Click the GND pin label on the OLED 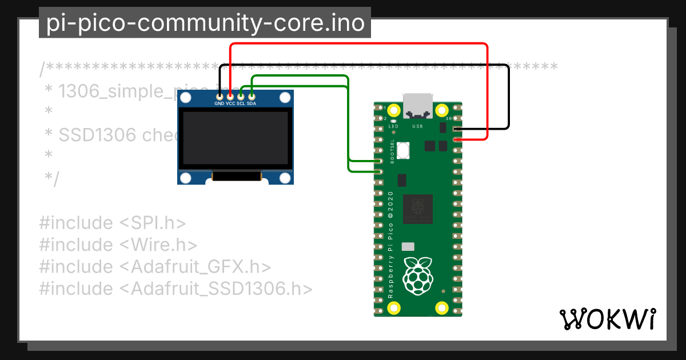(x=219, y=104)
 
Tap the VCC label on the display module (x=230, y=104)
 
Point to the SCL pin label (x=241, y=104)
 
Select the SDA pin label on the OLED (x=252, y=104)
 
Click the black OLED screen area (x=235, y=139)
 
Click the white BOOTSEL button (x=405, y=150)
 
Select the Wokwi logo (x=607, y=319)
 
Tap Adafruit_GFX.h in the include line (x=201, y=267)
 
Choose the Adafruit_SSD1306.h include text (x=222, y=289)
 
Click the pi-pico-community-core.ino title (x=205, y=23)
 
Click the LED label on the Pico (x=393, y=126)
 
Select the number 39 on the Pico (x=448, y=118)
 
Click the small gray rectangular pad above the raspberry (x=408, y=246)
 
